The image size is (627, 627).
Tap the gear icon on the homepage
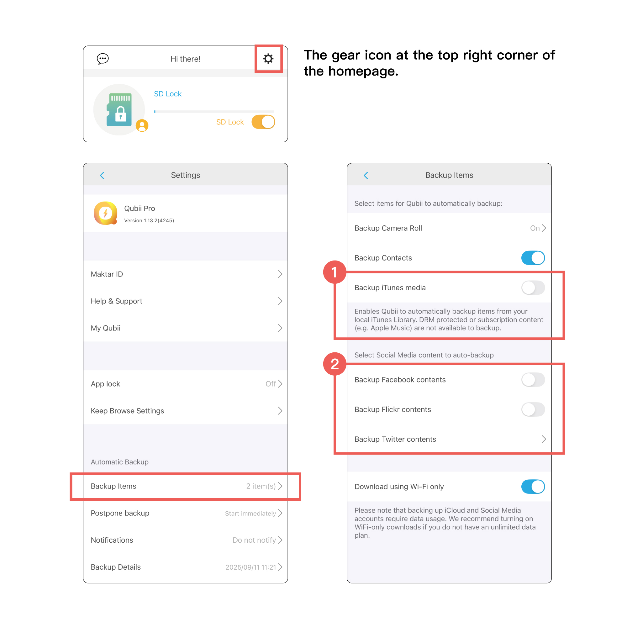268,59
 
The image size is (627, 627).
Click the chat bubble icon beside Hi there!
103,59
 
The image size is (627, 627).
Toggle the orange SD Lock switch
263,122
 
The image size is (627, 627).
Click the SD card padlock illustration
119,110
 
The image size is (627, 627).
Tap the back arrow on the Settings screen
102,176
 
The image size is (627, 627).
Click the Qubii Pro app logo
105,213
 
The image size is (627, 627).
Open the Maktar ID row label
107,274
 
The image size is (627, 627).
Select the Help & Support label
117,301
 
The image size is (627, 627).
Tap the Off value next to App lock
271,384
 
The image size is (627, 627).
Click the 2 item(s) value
261,486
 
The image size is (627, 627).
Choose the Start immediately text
250,514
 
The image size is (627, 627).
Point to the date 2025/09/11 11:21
250,567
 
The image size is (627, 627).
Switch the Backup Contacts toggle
533,258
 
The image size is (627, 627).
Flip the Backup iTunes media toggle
533,287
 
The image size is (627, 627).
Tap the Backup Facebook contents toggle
533,380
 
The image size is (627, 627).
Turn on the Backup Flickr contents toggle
533,409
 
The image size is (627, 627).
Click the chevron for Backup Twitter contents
544,439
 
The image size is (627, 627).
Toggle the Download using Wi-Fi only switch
533,487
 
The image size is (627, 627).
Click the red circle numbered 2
335,364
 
